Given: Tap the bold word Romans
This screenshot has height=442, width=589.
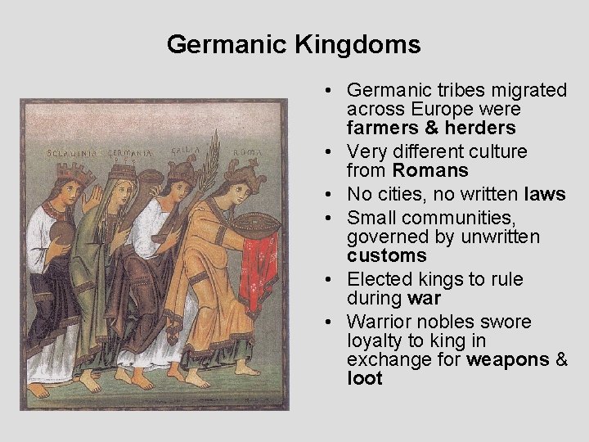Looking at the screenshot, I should [x=430, y=171].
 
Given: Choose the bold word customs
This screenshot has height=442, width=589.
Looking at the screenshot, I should [x=386, y=256].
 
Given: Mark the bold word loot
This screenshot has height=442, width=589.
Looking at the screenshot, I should [x=364, y=379].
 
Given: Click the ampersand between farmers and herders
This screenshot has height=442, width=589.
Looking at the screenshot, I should [x=431, y=129].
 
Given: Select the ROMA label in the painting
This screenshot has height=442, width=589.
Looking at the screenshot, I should [x=246, y=153].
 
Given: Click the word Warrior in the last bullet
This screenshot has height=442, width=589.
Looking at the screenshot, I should [x=379, y=322].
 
